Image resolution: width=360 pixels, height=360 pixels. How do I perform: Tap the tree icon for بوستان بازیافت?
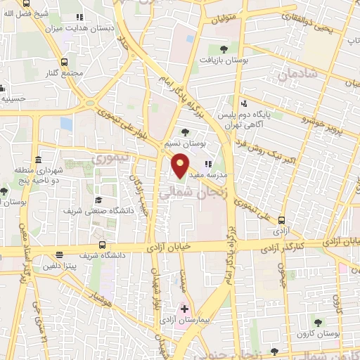pos(224,49)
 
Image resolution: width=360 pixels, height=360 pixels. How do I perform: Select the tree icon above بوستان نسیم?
pos(185,131)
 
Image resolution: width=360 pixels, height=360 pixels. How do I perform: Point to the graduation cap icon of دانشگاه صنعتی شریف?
pos(98,200)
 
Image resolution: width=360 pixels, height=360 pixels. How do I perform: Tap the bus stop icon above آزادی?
pos(281,219)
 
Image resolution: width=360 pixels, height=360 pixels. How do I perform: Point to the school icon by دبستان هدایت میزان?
pos(79,16)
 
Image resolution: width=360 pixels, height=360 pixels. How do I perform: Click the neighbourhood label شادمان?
pos(294,73)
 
